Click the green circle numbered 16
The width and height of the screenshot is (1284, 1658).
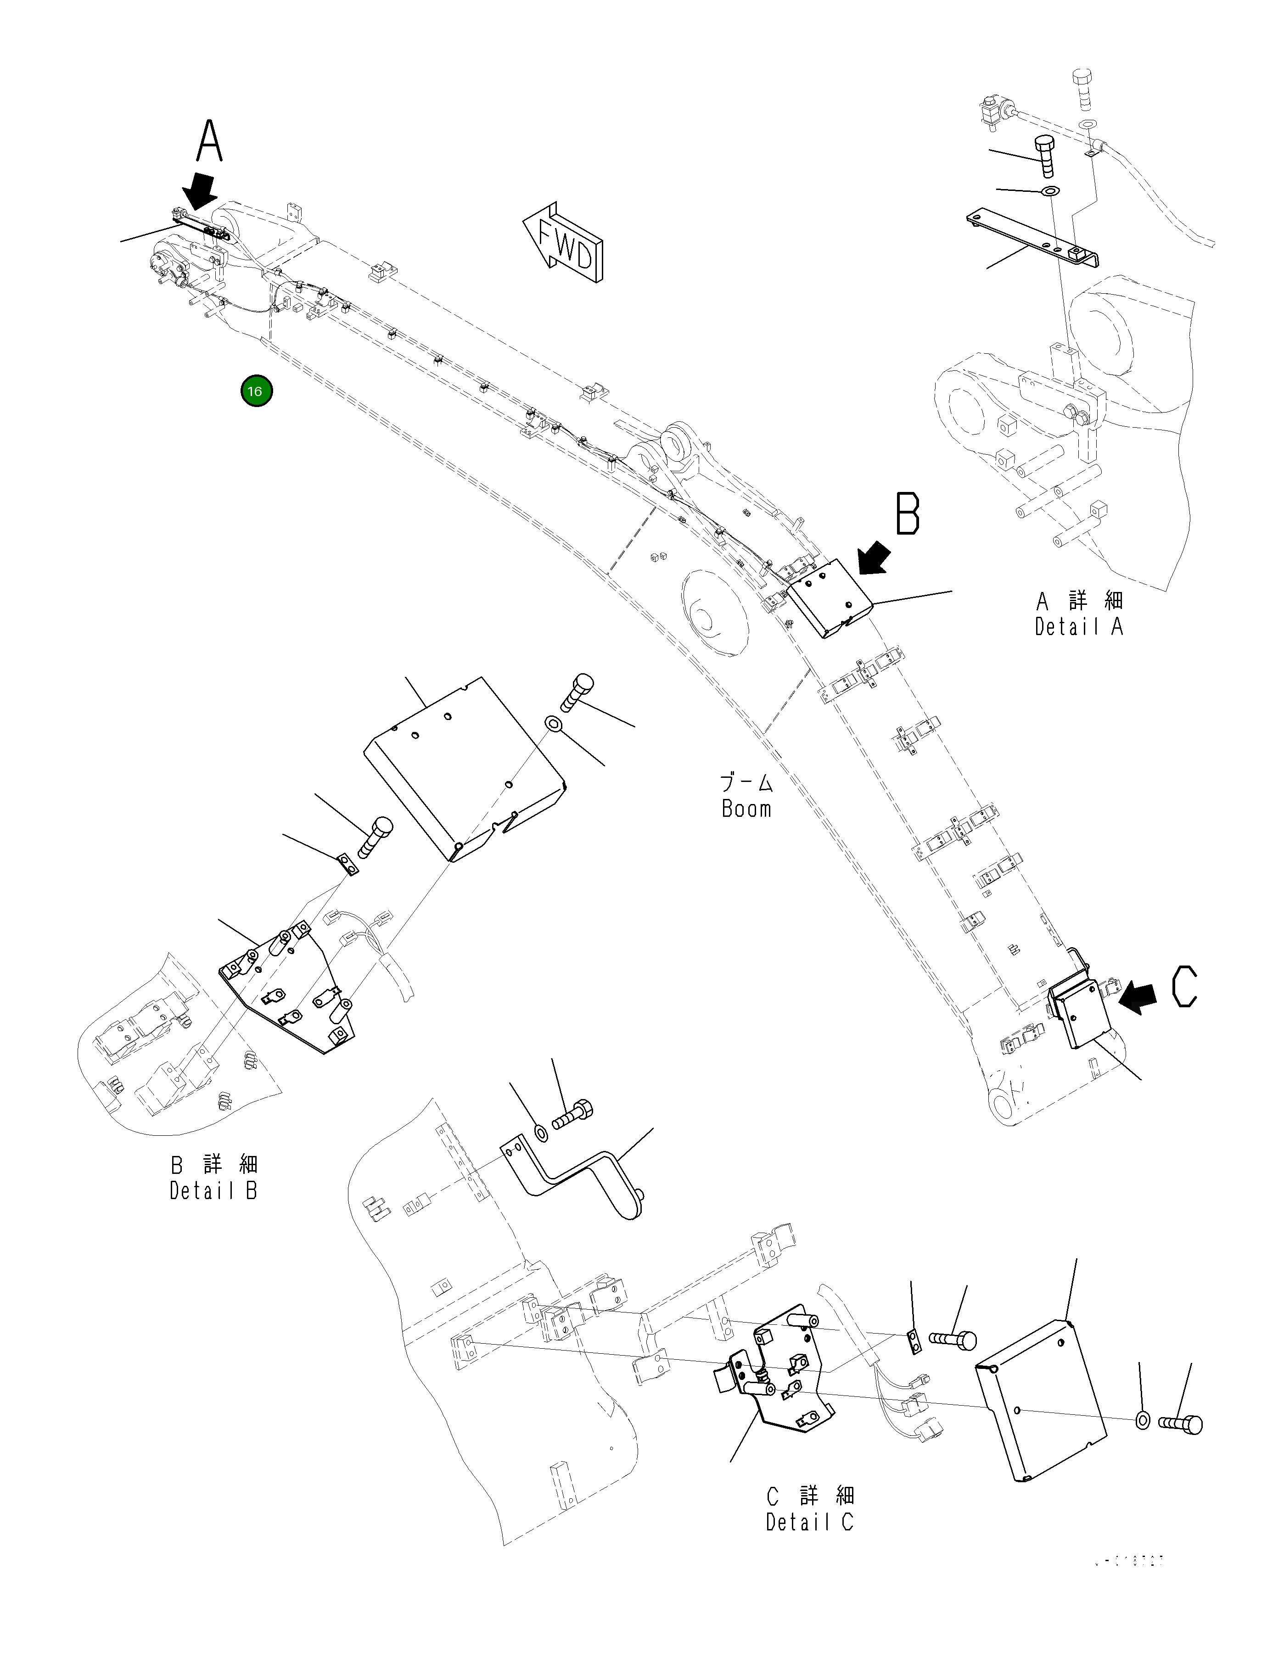point(256,392)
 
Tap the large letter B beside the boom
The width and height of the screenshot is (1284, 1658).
point(908,514)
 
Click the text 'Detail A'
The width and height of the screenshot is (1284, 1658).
point(1078,627)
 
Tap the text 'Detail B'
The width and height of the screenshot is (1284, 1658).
point(214,1190)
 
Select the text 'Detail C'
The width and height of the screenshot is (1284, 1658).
point(809,1521)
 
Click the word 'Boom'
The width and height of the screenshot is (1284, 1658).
point(746,809)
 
